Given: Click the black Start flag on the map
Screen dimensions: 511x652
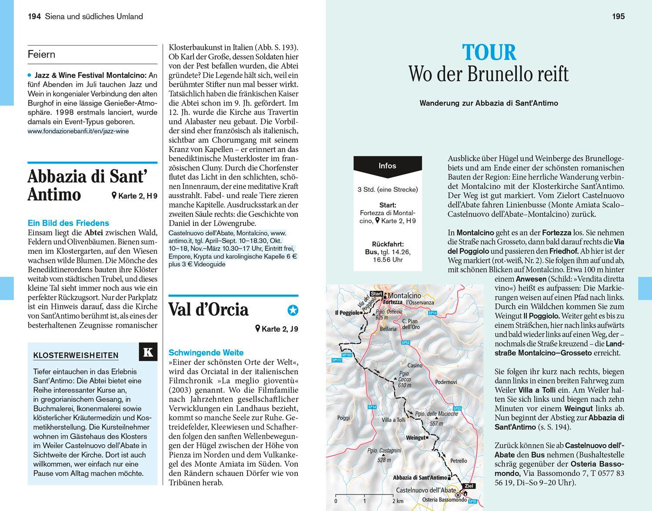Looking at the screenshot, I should pos(376,294).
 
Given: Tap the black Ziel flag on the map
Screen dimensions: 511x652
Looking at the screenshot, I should pos(469,486).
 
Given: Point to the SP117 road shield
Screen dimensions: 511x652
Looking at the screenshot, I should pos(336,360).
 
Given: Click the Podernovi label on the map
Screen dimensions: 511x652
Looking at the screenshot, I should pos(446,382).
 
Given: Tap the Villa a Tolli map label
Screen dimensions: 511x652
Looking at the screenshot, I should pos(393,420).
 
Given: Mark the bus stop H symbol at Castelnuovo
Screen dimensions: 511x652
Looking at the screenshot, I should pos(458,494).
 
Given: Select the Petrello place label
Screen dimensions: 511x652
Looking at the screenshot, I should pos(459,461).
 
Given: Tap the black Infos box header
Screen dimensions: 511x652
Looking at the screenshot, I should pos(387,166).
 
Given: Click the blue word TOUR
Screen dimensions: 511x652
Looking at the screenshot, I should pos(489,53).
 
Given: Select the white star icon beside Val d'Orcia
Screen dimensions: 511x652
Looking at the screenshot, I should pos(293,310).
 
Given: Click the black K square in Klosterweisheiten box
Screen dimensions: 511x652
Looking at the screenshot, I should pos(148,352).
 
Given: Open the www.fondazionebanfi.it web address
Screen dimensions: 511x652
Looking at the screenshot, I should pos(78,131).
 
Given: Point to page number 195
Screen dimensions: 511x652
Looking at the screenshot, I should pos(618,17).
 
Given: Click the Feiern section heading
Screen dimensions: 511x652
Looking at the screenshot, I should pos(42,54).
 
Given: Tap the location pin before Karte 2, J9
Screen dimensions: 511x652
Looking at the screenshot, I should pos(258,329).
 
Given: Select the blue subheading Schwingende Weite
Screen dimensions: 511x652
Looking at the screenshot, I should pos(206,352).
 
